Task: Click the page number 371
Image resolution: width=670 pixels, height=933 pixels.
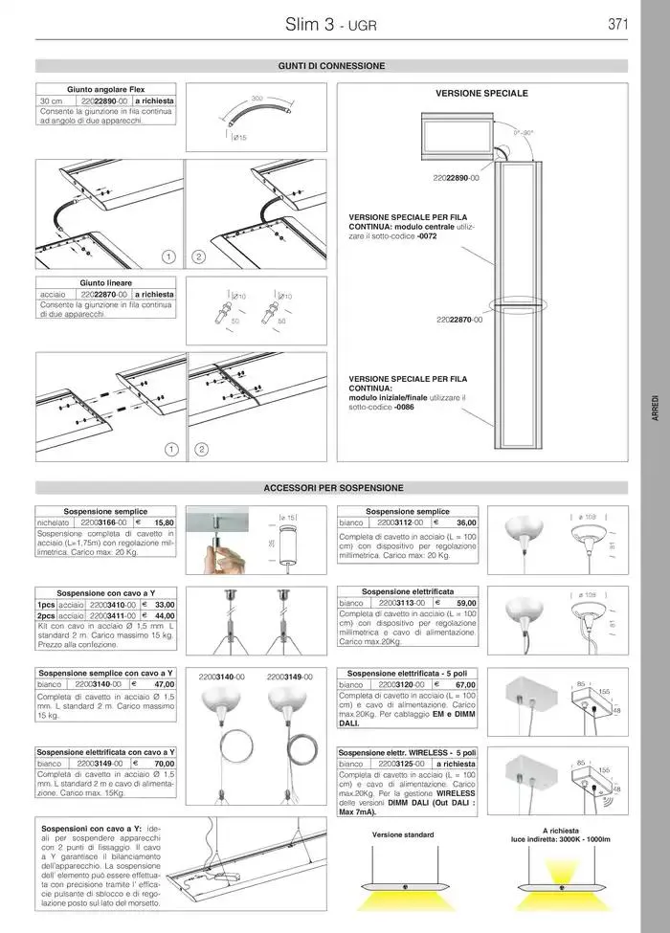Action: tap(617, 25)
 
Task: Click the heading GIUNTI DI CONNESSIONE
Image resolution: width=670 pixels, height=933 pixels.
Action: tap(331, 66)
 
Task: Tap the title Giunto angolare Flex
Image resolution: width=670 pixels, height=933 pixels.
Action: tap(105, 89)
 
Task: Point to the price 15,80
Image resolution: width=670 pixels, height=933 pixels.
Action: tap(163, 523)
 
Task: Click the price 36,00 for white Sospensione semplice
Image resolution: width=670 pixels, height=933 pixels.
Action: tap(466, 523)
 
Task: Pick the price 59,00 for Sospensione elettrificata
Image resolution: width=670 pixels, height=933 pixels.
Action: tap(466, 604)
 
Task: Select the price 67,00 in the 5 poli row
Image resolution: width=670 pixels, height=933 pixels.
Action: tap(465, 685)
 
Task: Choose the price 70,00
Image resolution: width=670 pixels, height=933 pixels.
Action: tap(163, 765)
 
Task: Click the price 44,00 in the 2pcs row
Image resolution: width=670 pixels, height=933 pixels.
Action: tap(164, 616)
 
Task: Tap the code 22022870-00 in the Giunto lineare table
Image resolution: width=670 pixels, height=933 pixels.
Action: tap(104, 295)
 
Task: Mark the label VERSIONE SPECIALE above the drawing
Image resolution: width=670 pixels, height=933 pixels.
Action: tap(481, 94)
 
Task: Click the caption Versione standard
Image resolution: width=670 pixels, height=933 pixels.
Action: tap(403, 834)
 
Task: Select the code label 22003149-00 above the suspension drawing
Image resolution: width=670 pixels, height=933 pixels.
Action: tap(290, 677)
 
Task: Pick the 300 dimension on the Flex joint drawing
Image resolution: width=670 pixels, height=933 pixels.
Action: tap(257, 99)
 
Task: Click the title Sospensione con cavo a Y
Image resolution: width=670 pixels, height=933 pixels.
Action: tap(105, 593)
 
